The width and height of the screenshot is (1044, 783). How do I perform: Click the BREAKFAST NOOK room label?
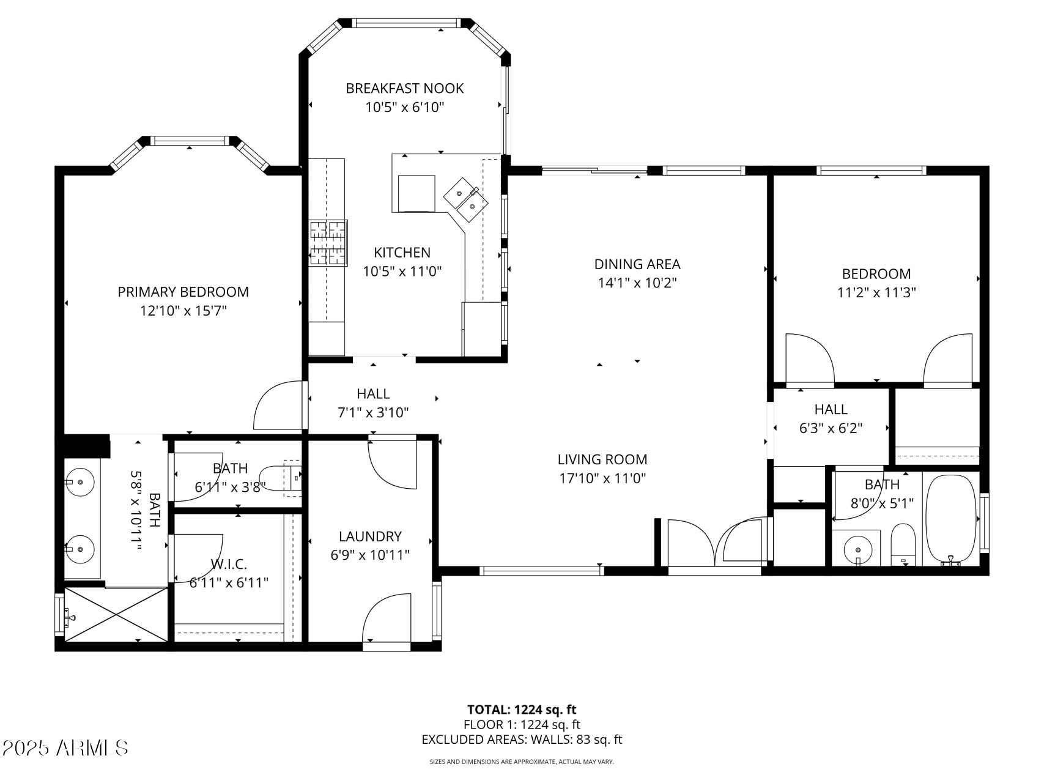click(404, 88)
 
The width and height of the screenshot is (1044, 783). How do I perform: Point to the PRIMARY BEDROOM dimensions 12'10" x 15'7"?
click(183, 311)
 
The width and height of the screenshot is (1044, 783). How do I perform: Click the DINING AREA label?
click(637, 264)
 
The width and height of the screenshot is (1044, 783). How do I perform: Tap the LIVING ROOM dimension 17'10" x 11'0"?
click(602, 478)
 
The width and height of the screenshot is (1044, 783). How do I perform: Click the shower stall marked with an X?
click(116, 614)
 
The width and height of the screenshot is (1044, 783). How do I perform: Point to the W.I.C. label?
click(229, 564)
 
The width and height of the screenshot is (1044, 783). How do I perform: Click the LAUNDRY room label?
click(370, 536)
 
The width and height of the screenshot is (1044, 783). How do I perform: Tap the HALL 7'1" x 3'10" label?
click(373, 394)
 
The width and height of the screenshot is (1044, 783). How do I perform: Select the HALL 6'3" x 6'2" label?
click(831, 409)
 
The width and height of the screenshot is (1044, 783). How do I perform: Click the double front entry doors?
click(716, 544)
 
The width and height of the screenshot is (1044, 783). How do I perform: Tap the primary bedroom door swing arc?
click(278, 405)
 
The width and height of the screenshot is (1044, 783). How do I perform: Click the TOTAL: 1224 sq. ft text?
click(522, 710)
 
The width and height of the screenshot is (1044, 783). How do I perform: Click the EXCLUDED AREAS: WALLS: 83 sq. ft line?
click(522, 740)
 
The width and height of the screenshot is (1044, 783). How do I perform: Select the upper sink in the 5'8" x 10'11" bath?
click(80, 482)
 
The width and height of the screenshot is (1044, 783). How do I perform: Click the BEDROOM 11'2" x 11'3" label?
click(876, 274)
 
